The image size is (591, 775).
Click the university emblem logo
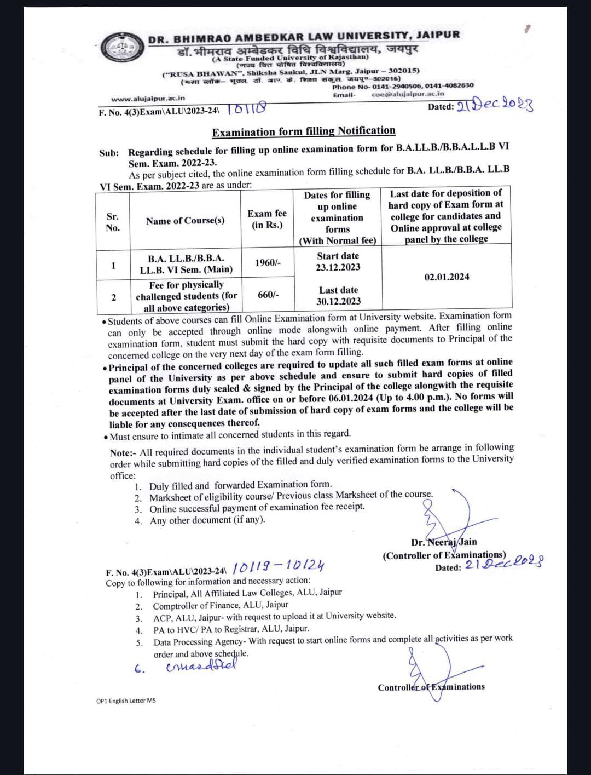click(x=124, y=49)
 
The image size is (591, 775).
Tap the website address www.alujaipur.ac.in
click(x=148, y=99)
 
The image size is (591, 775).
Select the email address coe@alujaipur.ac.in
click(x=408, y=94)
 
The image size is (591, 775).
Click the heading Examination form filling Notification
click(x=304, y=131)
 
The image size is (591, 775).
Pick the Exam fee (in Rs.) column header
click(x=267, y=219)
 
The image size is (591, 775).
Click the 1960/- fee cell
click(x=268, y=263)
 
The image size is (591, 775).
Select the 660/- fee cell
click(x=268, y=295)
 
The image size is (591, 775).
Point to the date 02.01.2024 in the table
click(x=447, y=277)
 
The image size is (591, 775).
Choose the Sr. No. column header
click(x=113, y=222)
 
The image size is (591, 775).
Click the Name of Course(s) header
click(x=185, y=221)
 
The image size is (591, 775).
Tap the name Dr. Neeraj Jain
click(x=444, y=542)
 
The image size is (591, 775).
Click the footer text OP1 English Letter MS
click(x=126, y=701)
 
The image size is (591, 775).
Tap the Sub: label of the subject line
click(x=109, y=153)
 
